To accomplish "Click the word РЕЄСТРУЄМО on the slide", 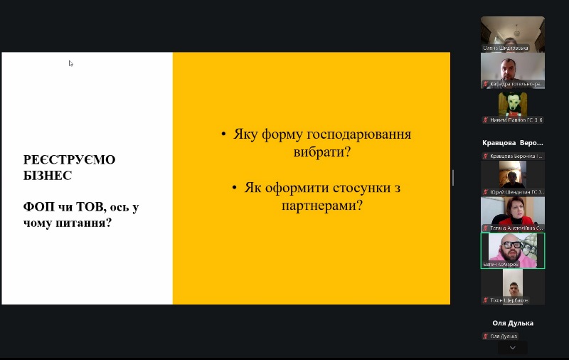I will tap(69, 159).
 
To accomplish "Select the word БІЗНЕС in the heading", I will tap(47, 174).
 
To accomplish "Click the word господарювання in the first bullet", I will tap(358, 134).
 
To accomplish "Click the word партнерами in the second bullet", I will tap(315, 206).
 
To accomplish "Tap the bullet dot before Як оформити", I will tap(234, 188).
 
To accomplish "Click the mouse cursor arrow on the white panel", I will tap(70, 63).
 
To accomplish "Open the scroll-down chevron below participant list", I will tap(512, 348).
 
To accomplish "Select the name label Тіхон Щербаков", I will tap(509, 300).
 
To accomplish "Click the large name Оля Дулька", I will tap(512, 322).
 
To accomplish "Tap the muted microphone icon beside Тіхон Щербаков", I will tap(486, 300).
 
